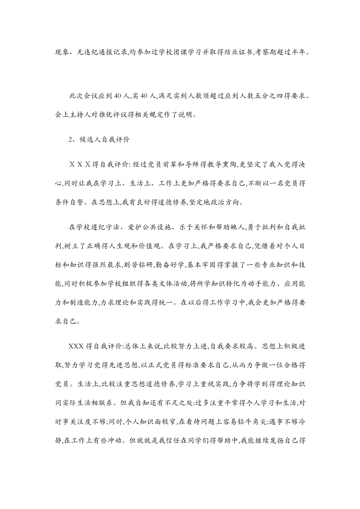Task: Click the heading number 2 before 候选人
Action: coord(70,139)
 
